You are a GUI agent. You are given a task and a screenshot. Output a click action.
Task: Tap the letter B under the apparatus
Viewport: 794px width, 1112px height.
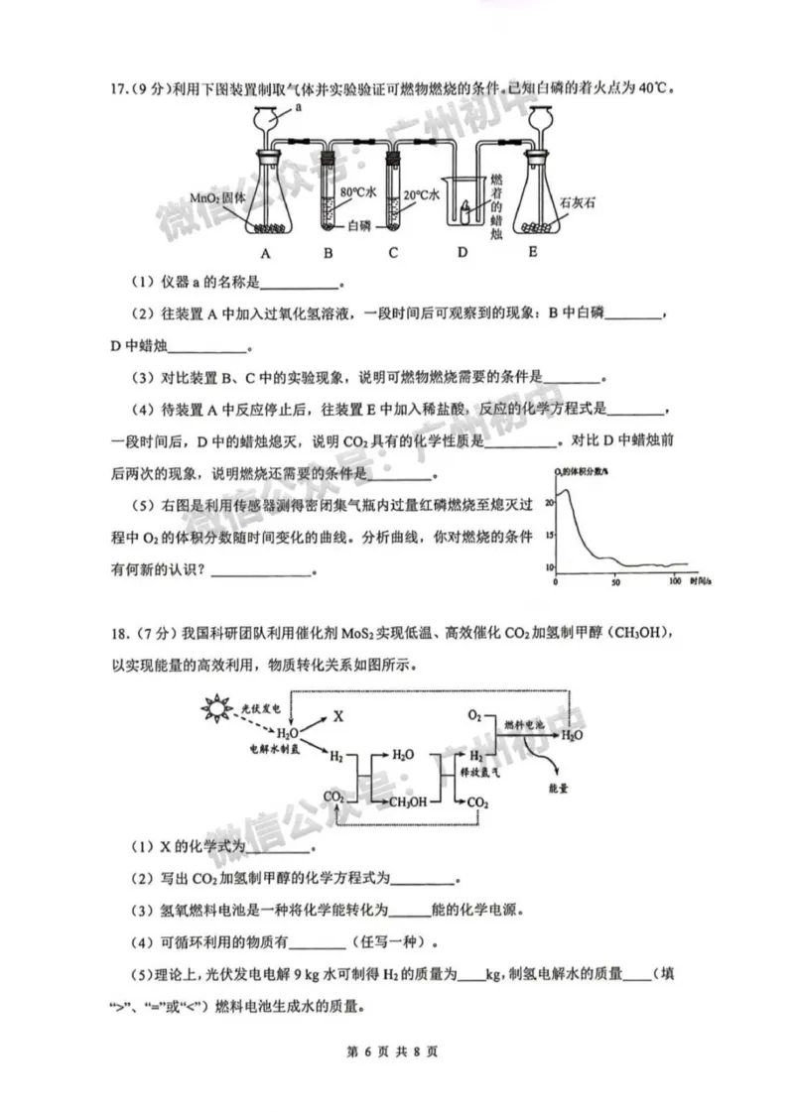[x=329, y=252]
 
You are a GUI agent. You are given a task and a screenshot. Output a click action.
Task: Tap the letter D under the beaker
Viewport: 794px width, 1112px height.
[x=462, y=252]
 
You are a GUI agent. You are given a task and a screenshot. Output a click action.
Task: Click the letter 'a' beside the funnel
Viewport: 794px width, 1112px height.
[x=298, y=108]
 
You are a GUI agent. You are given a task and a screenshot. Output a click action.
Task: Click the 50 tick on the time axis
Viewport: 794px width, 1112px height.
[x=615, y=582]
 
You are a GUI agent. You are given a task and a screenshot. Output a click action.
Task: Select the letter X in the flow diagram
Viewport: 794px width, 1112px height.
[x=337, y=714]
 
